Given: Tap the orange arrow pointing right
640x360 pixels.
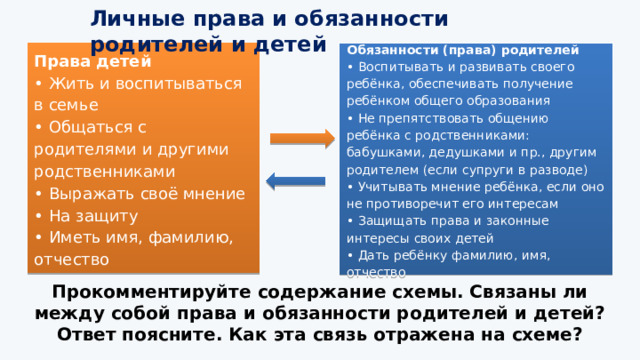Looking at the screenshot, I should [x=296, y=140].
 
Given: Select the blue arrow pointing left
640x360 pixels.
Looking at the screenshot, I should [x=296, y=180].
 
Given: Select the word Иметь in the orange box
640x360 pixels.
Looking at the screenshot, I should [x=71, y=238].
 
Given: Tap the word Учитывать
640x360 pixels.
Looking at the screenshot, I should [x=393, y=186].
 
